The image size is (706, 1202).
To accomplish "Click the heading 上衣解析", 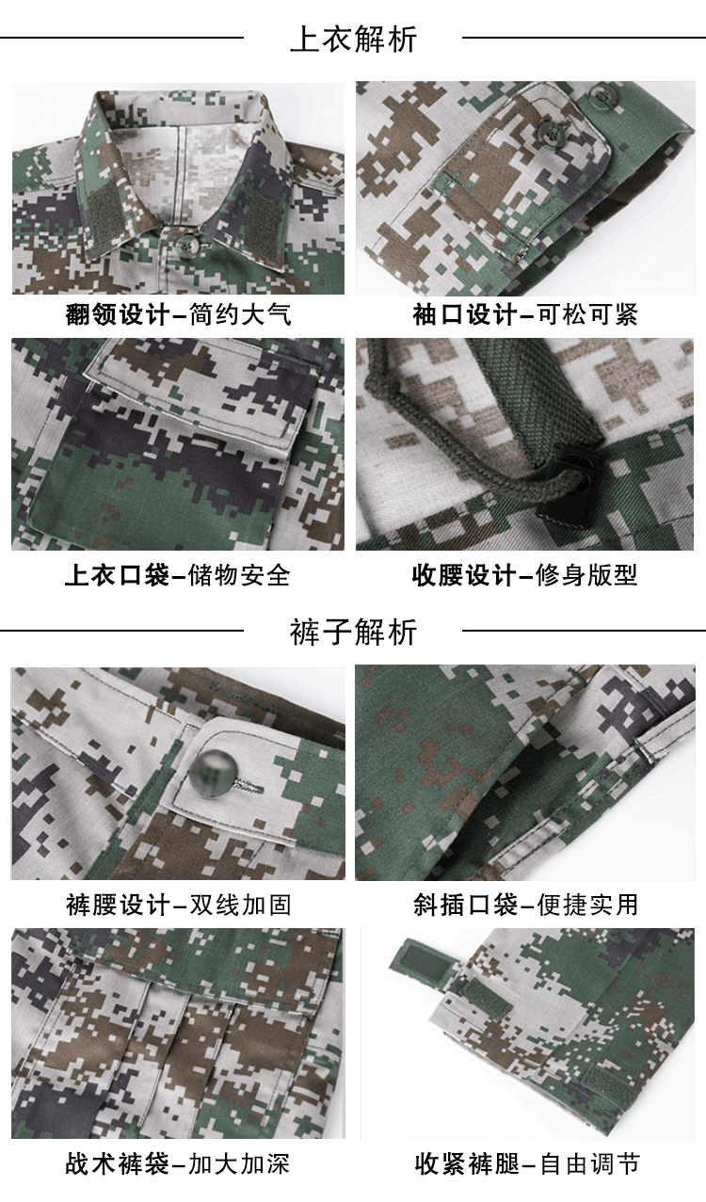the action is click(x=353, y=39).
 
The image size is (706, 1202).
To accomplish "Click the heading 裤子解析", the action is click(x=353, y=632).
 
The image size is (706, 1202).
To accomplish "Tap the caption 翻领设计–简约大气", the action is click(x=178, y=314).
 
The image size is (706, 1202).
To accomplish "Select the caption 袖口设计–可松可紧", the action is click(x=525, y=314).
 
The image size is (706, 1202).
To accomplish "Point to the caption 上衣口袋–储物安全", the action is click(x=178, y=575).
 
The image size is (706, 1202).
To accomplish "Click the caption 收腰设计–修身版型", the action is click(x=525, y=575).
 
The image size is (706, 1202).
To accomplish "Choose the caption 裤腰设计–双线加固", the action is click(x=178, y=905).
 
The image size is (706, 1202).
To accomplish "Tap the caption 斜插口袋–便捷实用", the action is click(x=525, y=905).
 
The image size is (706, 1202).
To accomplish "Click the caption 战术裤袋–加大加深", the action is click(x=178, y=1164).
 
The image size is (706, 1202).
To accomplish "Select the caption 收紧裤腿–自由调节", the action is click(x=527, y=1164).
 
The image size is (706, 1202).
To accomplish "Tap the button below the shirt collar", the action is click(x=186, y=245).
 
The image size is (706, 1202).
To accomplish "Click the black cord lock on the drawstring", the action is click(x=562, y=487).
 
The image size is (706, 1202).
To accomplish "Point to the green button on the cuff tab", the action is click(x=551, y=130).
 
